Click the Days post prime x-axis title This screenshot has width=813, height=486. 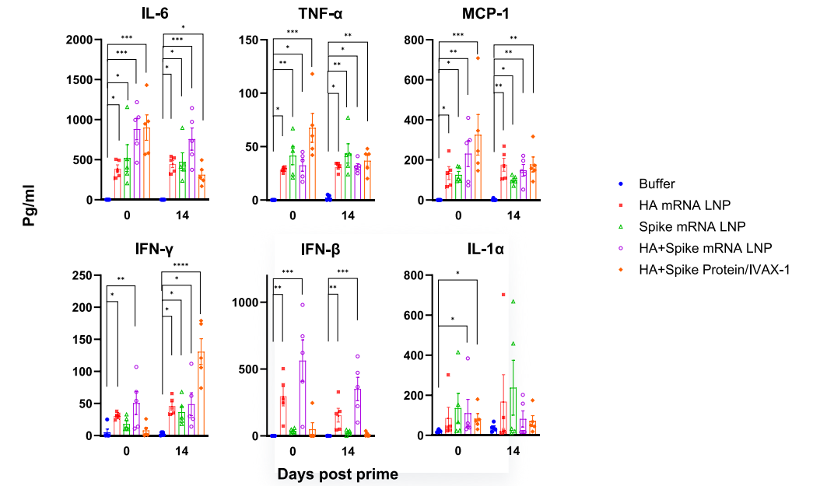(x=338, y=474)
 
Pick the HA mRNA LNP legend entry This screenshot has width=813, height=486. (x=680, y=205)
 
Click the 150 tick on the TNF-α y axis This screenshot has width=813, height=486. (x=248, y=40)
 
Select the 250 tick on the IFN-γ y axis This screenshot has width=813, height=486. (x=81, y=275)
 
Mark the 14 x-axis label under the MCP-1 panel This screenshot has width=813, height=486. (x=513, y=215)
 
